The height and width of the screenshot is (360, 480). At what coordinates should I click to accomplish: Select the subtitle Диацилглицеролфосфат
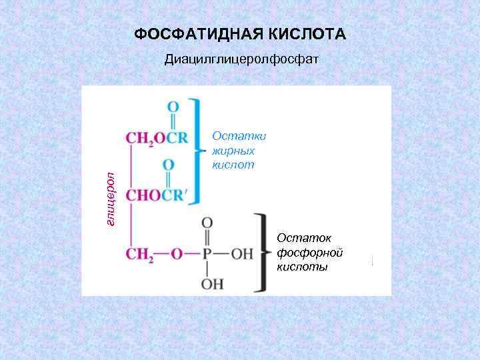(243, 61)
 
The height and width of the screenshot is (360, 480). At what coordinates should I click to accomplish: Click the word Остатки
(239, 136)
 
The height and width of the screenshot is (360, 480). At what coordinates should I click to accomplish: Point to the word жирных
(233, 150)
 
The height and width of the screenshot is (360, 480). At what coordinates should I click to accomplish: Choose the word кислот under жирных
(233, 164)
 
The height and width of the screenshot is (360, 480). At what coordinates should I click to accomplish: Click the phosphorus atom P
(207, 253)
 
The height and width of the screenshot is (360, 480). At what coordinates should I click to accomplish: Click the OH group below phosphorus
(207, 283)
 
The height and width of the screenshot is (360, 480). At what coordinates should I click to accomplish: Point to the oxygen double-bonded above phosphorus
(207, 223)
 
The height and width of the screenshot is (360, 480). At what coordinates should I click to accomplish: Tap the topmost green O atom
(173, 107)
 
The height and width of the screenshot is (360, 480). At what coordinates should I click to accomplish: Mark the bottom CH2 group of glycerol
(141, 254)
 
